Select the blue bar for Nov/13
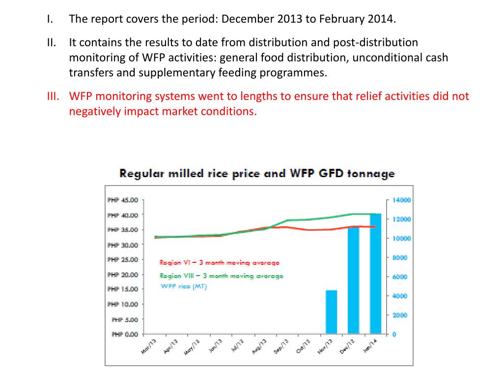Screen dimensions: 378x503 [332, 312]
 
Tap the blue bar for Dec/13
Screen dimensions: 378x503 [354, 281]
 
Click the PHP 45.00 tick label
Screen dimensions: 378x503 [123, 200]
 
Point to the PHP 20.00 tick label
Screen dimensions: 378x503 [123, 275]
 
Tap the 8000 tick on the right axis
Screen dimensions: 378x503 [401, 257]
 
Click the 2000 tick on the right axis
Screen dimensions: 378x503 [401, 315]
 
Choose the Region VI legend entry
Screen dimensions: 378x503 [220, 262]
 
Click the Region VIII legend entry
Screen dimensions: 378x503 [221, 276]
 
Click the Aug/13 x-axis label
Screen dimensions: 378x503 [260, 344]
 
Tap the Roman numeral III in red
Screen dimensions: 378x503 [53, 96]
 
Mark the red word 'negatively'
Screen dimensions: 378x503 [94, 111]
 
